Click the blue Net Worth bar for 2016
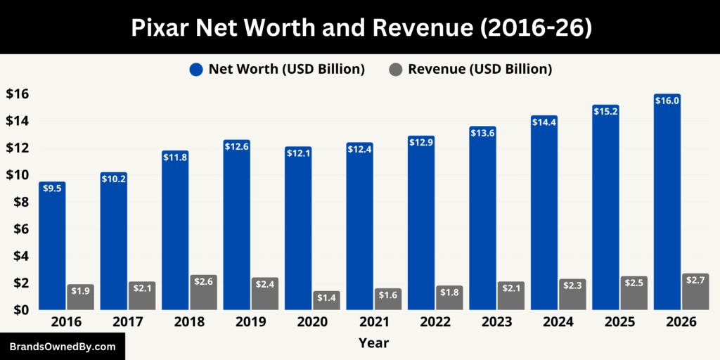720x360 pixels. (51, 246)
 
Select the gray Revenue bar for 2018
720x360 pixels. (203, 292)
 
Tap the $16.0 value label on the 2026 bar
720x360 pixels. (667, 101)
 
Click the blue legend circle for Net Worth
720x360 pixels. (196, 69)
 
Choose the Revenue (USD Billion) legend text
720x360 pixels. (480, 69)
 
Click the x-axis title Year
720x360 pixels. (373, 343)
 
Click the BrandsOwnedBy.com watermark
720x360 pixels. (62, 347)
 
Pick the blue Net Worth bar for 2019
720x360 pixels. (236, 225)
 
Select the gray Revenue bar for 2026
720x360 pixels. (695, 291)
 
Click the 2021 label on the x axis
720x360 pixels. (373, 322)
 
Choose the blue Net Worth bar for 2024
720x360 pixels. (544, 212)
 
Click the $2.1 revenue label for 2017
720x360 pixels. (142, 287)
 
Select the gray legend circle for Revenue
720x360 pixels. (396, 69)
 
